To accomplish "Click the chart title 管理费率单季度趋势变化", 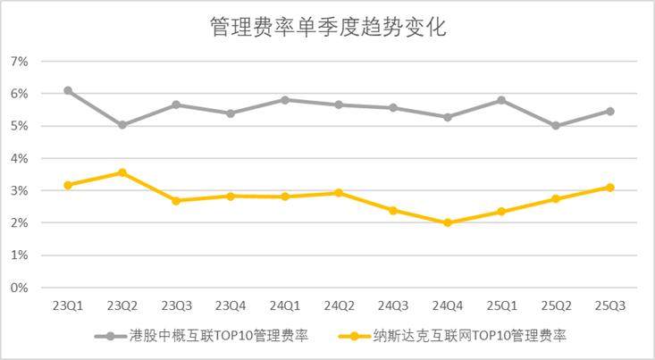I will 327,27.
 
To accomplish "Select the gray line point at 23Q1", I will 68,91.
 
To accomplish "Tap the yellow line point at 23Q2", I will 122,172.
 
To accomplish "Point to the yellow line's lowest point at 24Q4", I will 448,222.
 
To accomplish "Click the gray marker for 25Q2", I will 556,126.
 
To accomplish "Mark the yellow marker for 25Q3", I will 610,188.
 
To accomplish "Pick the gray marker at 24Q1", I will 285,100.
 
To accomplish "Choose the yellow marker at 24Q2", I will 340,193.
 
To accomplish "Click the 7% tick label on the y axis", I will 20,62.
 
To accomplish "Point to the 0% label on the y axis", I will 20,288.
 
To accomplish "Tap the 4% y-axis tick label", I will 20,158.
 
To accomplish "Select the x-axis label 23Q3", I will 177,306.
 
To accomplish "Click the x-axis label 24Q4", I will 448,306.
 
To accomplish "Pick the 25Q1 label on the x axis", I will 502,306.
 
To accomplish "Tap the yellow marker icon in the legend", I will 355,337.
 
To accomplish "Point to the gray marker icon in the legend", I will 111,337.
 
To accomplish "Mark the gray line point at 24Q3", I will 393,108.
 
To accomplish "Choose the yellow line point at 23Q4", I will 231,196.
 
